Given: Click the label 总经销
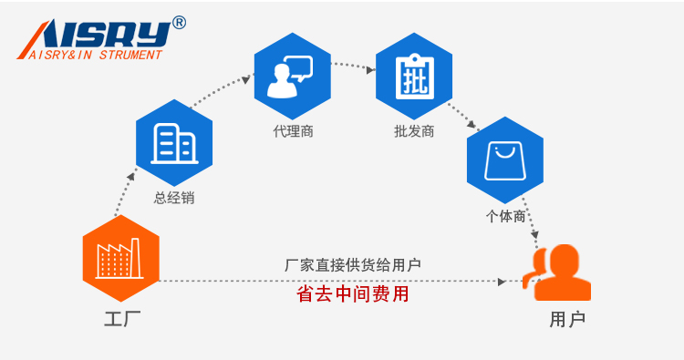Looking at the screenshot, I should pos(173,198).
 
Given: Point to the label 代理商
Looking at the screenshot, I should pos(293,131).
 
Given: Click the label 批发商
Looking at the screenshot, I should pos(413,131).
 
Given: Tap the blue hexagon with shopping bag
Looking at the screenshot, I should pos(504,160).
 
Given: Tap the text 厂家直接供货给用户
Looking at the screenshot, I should pos(352,265).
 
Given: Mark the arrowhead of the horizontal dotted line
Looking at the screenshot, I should pos(503,282).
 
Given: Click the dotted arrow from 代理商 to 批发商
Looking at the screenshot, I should pos(354,65).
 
